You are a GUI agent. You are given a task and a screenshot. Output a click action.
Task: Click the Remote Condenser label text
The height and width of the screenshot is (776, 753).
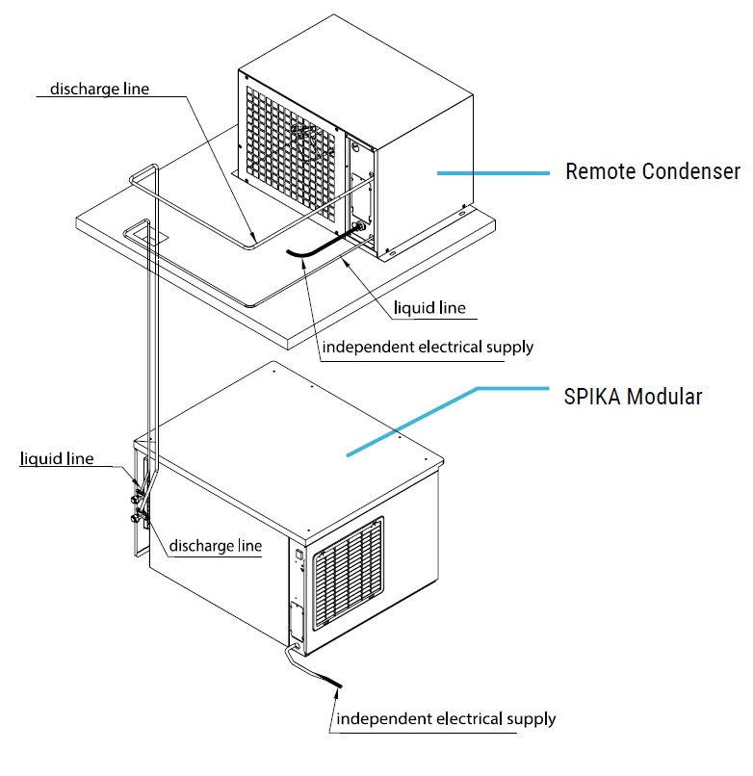pos(653,171)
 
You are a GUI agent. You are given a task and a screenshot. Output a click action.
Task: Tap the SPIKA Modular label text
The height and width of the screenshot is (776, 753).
pos(633,397)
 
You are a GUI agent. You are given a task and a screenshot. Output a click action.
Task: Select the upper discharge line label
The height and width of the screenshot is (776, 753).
pos(99,90)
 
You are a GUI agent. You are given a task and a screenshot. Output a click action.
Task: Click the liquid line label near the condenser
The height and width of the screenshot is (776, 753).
pos(429,308)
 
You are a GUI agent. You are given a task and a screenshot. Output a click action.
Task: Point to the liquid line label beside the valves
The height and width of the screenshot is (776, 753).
pos(57,459)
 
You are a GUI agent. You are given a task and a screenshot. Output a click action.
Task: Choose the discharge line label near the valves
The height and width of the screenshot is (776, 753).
pos(216,546)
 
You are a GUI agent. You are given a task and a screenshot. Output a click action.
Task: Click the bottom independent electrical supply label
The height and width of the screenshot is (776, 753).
pos(446,718)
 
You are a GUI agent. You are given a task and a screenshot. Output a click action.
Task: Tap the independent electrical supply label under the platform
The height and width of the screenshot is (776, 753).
pos(428,347)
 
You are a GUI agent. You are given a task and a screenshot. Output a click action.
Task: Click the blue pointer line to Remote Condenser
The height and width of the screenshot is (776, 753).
pos(493,173)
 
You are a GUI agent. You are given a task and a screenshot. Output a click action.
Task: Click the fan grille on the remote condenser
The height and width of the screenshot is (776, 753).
pos(291,153)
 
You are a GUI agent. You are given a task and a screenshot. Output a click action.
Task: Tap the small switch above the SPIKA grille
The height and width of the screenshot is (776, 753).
pos(299,555)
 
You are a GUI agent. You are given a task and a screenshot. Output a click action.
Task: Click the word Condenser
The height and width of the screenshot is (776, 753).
pos(693,171)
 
